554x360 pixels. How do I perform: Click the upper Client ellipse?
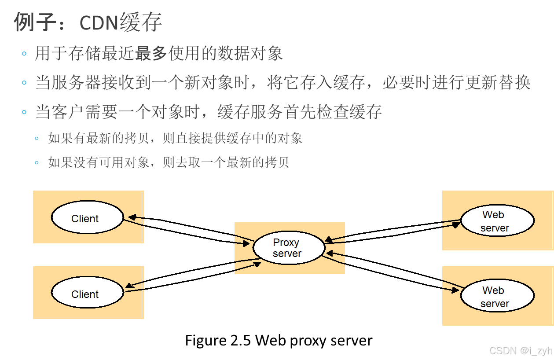point(87,217)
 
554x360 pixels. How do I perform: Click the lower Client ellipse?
point(87,293)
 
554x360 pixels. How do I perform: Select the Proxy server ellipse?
point(289,248)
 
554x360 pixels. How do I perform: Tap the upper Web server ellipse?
point(497,221)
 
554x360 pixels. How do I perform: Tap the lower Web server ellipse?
point(497,297)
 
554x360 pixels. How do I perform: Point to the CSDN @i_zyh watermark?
point(520,350)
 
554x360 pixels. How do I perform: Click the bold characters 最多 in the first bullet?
point(151,54)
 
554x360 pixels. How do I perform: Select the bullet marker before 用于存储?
point(24,54)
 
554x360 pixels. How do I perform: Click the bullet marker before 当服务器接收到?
point(24,83)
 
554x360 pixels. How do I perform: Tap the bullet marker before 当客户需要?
point(24,112)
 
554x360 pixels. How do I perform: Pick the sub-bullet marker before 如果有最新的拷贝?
point(37,139)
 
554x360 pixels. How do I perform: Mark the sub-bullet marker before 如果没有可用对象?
point(37,163)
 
